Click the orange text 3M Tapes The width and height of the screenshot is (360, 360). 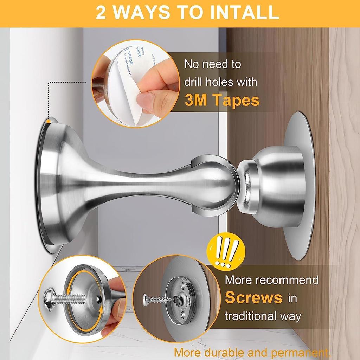pyautogui.click(x=222, y=100)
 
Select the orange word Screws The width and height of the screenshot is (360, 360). pyautogui.click(x=253, y=297)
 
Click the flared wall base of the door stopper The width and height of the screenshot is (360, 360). pyautogui.click(x=53, y=185)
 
